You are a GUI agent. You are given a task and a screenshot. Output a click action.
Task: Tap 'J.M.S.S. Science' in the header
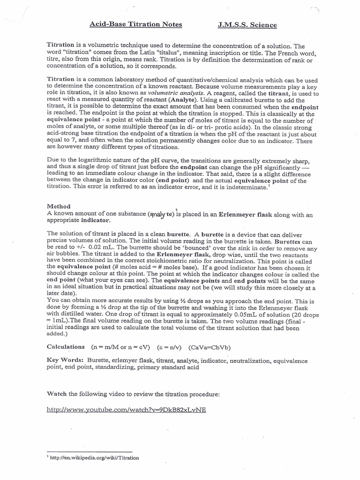coord(247,24)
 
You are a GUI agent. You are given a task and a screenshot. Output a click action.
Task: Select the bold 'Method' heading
coord(59,206)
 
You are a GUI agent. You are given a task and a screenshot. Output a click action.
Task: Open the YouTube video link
coord(127,409)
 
